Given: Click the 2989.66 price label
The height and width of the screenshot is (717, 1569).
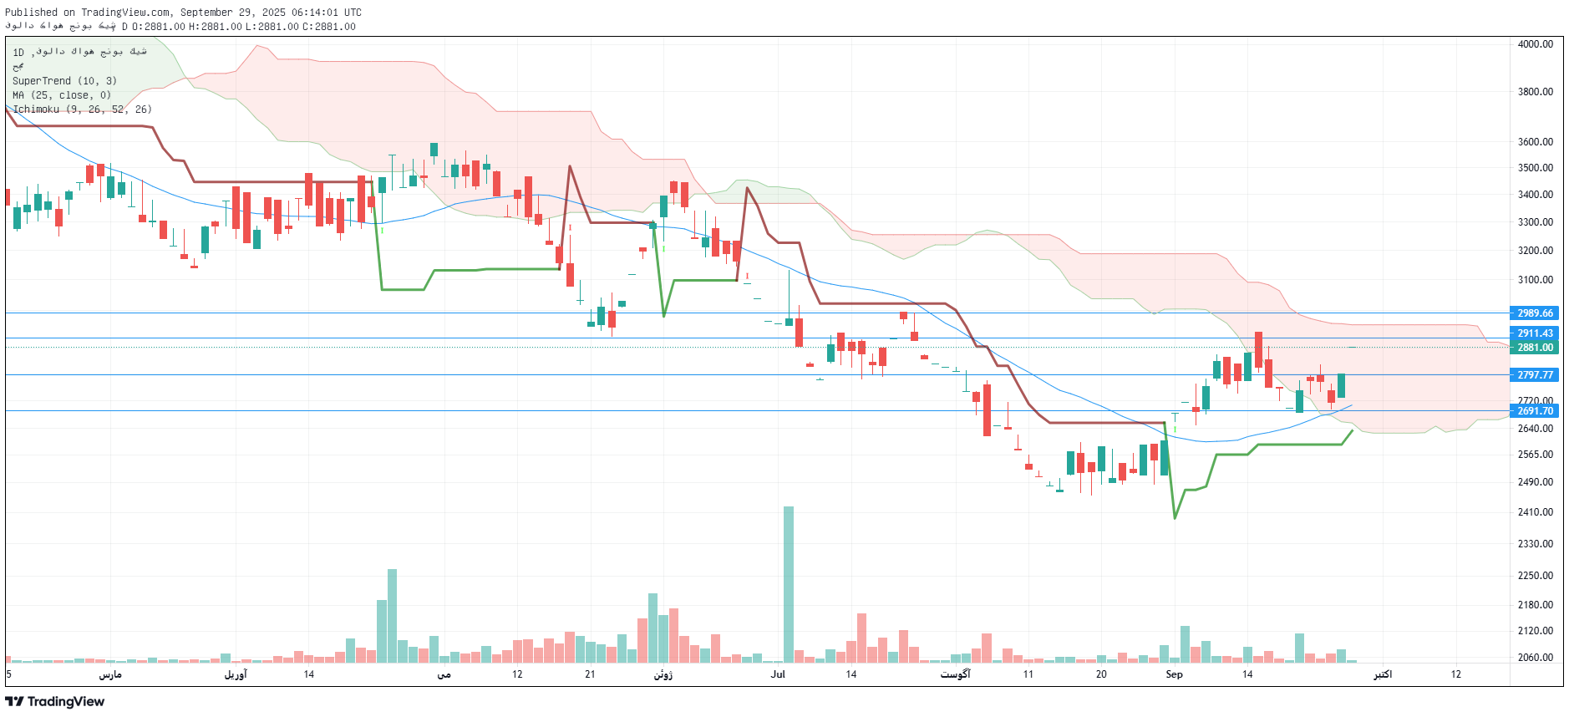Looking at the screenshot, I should click(x=1535, y=313).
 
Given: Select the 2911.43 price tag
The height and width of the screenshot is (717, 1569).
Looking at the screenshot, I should click(x=1535, y=333).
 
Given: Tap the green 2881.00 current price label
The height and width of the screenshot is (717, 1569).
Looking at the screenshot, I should click(x=1535, y=348).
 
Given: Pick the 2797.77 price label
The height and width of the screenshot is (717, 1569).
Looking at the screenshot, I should click(x=1535, y=375).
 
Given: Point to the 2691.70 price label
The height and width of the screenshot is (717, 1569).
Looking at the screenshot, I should click(x=1535, y=411).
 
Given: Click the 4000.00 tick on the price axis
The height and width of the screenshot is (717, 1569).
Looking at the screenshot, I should click(x=1535, y=44).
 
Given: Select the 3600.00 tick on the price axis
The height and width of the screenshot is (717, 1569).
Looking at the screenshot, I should click(x=1535, y=142).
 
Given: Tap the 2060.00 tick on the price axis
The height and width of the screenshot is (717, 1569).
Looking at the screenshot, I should click(x=1535, y=658).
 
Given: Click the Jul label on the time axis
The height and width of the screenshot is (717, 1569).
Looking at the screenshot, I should click(x=778, y=674).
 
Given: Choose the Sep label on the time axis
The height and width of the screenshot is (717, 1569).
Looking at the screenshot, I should click(x=1174, y=674).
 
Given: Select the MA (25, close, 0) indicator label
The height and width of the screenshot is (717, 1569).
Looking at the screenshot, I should click(x=62, y=95).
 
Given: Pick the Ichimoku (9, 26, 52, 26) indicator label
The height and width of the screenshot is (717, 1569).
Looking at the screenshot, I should click(x=82, y=109).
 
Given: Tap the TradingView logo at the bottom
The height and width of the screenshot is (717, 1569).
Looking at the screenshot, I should click(x=55, y=702).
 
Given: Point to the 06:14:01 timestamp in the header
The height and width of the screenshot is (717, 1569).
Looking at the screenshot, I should click(x=316, y=13).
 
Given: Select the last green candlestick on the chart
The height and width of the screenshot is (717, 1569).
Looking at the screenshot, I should click(x=1341, y=385).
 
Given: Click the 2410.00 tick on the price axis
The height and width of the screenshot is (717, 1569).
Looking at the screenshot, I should click(x=1535, y=512).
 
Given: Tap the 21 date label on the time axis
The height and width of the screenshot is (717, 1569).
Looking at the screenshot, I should click(x=590, y=674).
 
